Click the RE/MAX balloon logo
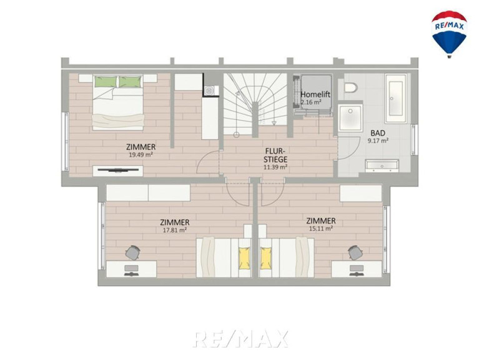(x=449, y=34)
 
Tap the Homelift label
(x=315, y=94)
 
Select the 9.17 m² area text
(x=378, y=141)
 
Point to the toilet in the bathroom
(x=350, y=87)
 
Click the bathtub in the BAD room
(x=396, y=98)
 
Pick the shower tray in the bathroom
(x=351, y=118)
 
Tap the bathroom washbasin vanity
(x=382, y=166)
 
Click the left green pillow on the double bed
(x=106, y=82)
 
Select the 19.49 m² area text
(x=141, y=154)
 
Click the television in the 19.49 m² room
(x=117, y=169)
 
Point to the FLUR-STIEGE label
(x=275, y=155)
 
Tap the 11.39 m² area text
(x=275, y=167)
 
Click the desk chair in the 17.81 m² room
(x=133, y=252)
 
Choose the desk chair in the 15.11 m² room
(x=355, y=252)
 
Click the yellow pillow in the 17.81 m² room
(x=244, y=259)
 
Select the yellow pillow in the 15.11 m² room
(x=265, y=259)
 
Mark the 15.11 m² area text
(x=321, y=228)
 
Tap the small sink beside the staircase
(x=209, y=91)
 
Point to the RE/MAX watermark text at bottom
(x=240, y=339)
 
